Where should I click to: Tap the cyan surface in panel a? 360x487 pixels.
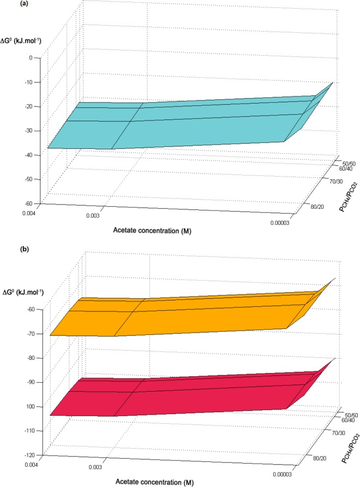coord(164,123)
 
